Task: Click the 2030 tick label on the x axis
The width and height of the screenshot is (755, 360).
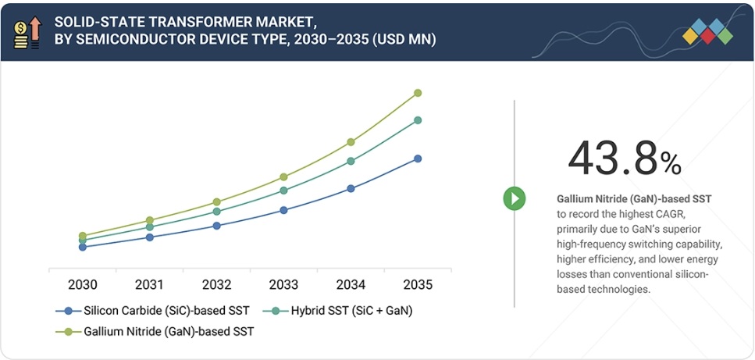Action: (x=82, y=284)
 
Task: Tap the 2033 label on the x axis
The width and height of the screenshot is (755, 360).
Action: (x=283, y=284)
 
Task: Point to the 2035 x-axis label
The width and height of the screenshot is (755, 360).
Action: (x=417, y=284)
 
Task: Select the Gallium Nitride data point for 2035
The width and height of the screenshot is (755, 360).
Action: (x=418, y=93)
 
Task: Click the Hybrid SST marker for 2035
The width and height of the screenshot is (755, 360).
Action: (x=418, y=120)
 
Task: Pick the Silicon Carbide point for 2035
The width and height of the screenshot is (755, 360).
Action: (x=418, y=159)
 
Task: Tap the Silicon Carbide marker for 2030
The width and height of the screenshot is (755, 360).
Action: (x=83, y=247)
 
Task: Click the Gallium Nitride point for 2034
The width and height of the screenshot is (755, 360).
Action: (x=351, y=142)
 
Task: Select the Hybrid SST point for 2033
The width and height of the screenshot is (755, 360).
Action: (x=283, y=191)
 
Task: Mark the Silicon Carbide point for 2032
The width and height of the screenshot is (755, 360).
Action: (x=217, y=226)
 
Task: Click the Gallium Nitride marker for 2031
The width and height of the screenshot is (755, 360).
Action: (x=150, y=220)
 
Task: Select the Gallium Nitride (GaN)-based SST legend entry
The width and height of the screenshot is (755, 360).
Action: (x=156, y=332)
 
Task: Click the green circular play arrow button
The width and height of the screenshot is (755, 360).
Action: (x=514, y=198)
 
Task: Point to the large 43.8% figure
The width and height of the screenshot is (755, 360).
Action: (x=624, y=159)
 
